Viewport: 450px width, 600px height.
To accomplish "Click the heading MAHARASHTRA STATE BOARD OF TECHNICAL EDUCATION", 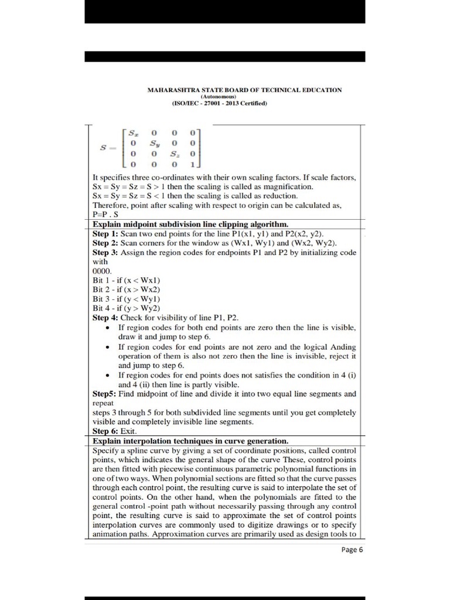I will pyautogui.click(x=244, y=90).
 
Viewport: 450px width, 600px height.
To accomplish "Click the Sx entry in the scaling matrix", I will pyautogui.click(x=134, y=133).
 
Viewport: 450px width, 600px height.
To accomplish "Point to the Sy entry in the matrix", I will pyautogui.click(x=154, y=142).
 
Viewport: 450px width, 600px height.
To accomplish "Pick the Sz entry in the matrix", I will pyautogui.click(x=174, y=153).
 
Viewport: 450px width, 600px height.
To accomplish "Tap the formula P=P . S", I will pyautogui.click(x=105, y=214).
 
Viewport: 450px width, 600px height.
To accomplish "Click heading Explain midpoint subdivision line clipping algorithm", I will pyautogui.click(x=190, y=224).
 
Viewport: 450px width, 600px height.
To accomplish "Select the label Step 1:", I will pyautogui.click(x=105, y=233).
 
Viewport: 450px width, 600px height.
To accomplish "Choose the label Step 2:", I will pyautogui.click(x=105, y=243).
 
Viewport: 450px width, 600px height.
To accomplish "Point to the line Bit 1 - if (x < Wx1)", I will pyautogui.click(x=127, y=280).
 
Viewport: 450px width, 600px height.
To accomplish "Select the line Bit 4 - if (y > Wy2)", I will pyautogui.click(x=127, y=308).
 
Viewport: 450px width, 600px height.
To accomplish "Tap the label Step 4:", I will pyautogui.click(x=105, y=318).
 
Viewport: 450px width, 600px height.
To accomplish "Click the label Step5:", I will pyautogui.click(x=105, y=394).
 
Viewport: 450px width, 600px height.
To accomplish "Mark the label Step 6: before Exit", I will pyautogui.click(x=105, y=431).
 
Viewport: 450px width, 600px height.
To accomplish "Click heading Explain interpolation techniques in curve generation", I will pyautogui.click(x=190, y=440).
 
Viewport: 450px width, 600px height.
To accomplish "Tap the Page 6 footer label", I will pyautogui.click(x=353, y=550).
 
